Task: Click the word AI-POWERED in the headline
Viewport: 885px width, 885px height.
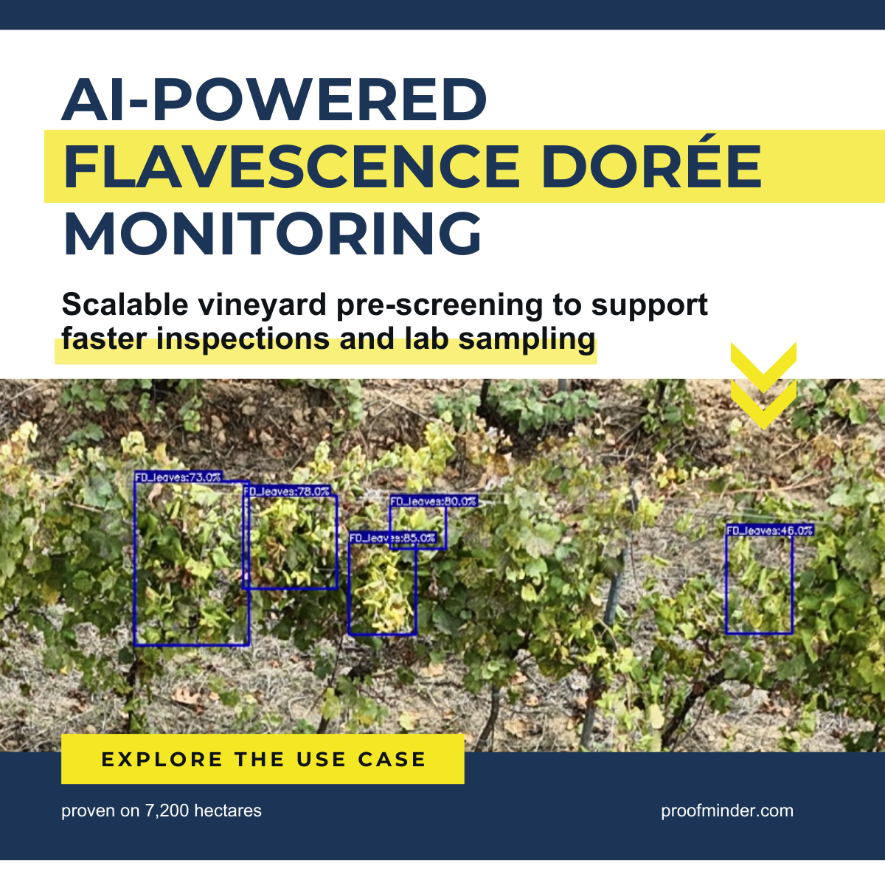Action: [274, 100]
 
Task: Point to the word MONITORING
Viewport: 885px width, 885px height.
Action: [272, 232]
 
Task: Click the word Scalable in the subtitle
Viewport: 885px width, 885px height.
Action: [125, 304]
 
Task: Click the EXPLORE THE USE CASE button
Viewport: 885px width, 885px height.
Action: [263, 759]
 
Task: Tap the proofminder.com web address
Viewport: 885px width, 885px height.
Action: [727, 811]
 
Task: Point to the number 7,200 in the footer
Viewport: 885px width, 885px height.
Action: [167, 811]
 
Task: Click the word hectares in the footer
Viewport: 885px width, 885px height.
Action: [228, 810]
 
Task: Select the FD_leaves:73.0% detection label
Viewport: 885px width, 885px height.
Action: [178, 476]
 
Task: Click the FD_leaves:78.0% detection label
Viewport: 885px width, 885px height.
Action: [287, 491]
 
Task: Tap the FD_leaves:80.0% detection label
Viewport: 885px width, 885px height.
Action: [434, 501]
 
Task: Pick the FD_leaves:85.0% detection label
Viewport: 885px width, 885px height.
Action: [392, 538]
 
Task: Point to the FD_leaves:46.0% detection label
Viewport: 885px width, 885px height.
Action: [770, 530]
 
